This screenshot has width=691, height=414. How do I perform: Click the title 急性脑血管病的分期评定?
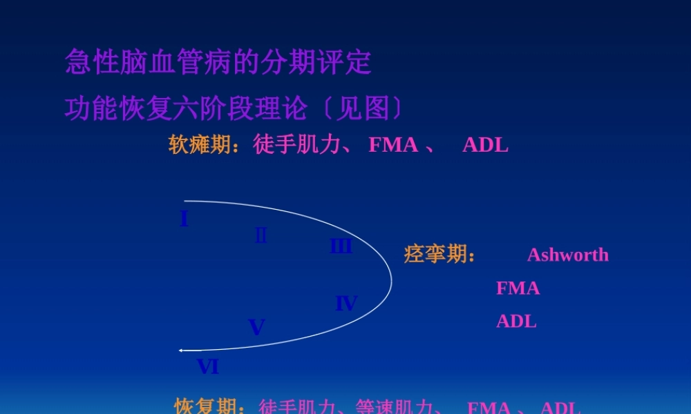click(x=218, y=63)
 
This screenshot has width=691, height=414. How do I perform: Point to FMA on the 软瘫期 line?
click(x=393, y=145)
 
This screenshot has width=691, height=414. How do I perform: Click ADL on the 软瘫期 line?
click(x=485, y=145)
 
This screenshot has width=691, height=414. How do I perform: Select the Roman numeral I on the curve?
click(x=184, y=219)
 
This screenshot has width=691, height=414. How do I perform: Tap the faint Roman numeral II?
click(x=261, y=235)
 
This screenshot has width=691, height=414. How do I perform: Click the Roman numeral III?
click(x=341, y=246)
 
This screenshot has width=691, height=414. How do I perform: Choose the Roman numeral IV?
click(x=346, y=303)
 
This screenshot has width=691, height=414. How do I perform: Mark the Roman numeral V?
click(x=256, y=327)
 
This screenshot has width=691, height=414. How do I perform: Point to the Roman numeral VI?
click(x=208, y=367)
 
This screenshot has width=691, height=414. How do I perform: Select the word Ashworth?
click(x=568, y=255)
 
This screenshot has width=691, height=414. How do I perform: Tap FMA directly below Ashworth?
click(x=518, y=288)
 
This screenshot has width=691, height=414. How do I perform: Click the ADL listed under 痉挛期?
click(x=516, y=321)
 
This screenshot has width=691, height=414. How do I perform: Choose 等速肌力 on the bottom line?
click(x=393, y=407)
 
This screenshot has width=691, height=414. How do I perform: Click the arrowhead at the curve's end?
click(x=181, y=351)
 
